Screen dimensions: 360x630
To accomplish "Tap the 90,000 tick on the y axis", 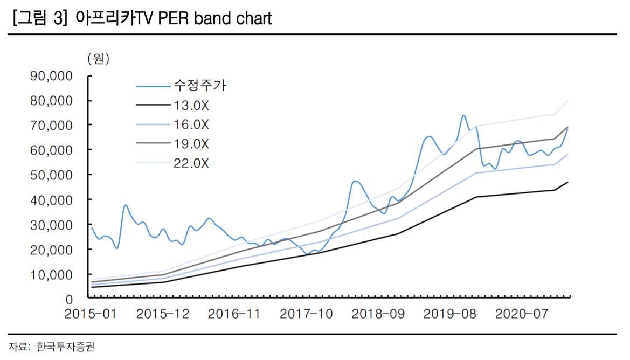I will [52, 75].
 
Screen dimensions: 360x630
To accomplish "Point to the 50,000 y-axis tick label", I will [52, 175].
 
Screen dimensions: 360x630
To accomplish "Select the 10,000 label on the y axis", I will [52, 274].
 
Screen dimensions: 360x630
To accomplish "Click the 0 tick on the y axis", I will [68, 299].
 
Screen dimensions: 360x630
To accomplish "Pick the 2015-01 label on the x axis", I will [91, 314].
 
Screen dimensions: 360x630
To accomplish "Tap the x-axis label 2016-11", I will [234, 314].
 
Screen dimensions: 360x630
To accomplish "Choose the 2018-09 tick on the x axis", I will [378, 314].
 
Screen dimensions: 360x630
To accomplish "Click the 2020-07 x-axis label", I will [522, 314].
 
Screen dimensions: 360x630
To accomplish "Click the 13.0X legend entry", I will [191, 105].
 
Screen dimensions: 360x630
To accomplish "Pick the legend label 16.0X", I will [191, 124].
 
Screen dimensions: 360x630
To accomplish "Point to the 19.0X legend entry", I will [191, 144].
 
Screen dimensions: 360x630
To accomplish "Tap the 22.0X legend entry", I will [191, 163].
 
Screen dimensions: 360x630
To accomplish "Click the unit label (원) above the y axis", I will [98, 58].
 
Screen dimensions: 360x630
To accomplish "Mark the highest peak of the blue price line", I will [463, 115].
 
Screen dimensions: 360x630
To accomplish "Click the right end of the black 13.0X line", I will [568, 182].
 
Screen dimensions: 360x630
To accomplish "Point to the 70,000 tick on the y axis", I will [52, 125].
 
